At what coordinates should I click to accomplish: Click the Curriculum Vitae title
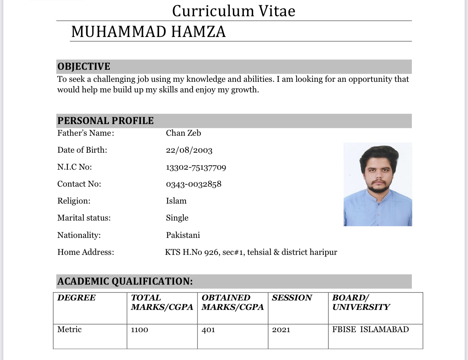pyautogui.click(x=234, y=11)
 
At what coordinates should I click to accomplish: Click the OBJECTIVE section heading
pyautogui.click(x=84, y=67)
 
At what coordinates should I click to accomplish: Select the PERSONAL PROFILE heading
pyautogui.click(x=106, y=121)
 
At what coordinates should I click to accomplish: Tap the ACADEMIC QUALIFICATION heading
pyautogui.click(x=125, y=281)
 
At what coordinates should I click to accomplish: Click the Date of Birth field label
pyautogui.click(x=82, y=150)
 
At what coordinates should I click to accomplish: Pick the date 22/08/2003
pyautogui.click(x=189, y=150)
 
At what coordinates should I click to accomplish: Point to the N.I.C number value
pyautogui.click(x=196, y=167)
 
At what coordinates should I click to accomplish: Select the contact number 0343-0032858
pyautogui.click(x=194, y=184)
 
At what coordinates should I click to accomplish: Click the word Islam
pyautogui.click(x=176, y=201)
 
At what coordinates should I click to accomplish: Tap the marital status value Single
pyautogui.click(x=177, y=218)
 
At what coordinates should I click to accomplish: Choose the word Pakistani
pyautogui.click(x=183, y=235)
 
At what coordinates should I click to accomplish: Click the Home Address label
pyautogui.click(x=86, y=252)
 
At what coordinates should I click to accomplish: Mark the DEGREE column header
pyautogui.click(x=76, y=298)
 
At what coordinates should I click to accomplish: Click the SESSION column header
pyautogui.click(x=292, y=298)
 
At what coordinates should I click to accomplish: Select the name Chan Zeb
pyautogui.click(x=184, y=133)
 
